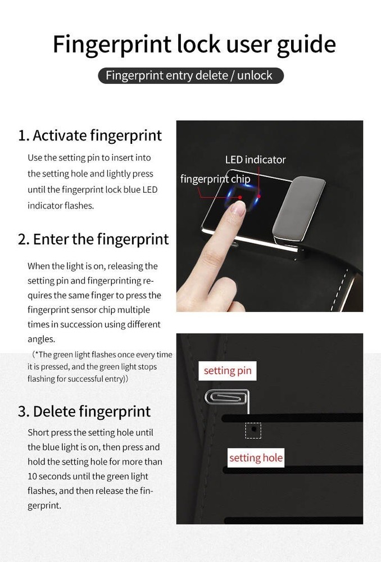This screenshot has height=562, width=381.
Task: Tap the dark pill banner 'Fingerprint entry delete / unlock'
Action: [x=190, y=76]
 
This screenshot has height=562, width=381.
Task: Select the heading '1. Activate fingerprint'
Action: [x=89, y=135]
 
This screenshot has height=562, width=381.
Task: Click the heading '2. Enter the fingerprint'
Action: [x=93, y=239]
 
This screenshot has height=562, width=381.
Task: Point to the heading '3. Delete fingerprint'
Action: [x=84, y=411]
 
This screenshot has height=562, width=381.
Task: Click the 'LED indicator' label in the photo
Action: [x=255, y=160]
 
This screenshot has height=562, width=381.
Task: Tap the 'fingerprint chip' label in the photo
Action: [x=215, y=179]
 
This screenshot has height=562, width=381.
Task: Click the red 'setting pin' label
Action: [x=228, y=370]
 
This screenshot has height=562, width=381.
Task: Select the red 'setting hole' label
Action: [x=256, y=457]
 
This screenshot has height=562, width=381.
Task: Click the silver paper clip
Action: [x=226, y=397]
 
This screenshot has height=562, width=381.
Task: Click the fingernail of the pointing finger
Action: [x=238, y=209]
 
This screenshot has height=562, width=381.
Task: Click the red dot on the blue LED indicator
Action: [x=259, y=196]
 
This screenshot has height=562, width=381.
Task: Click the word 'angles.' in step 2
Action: [x=41, y=339]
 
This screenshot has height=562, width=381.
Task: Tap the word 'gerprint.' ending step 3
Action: [x=44, y=506]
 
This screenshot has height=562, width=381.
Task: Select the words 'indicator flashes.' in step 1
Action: [x=61, y=206]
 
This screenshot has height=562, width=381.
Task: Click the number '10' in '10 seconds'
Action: [x=32, y=477]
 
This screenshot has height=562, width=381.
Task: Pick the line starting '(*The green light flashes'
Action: [x=102, y=355]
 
